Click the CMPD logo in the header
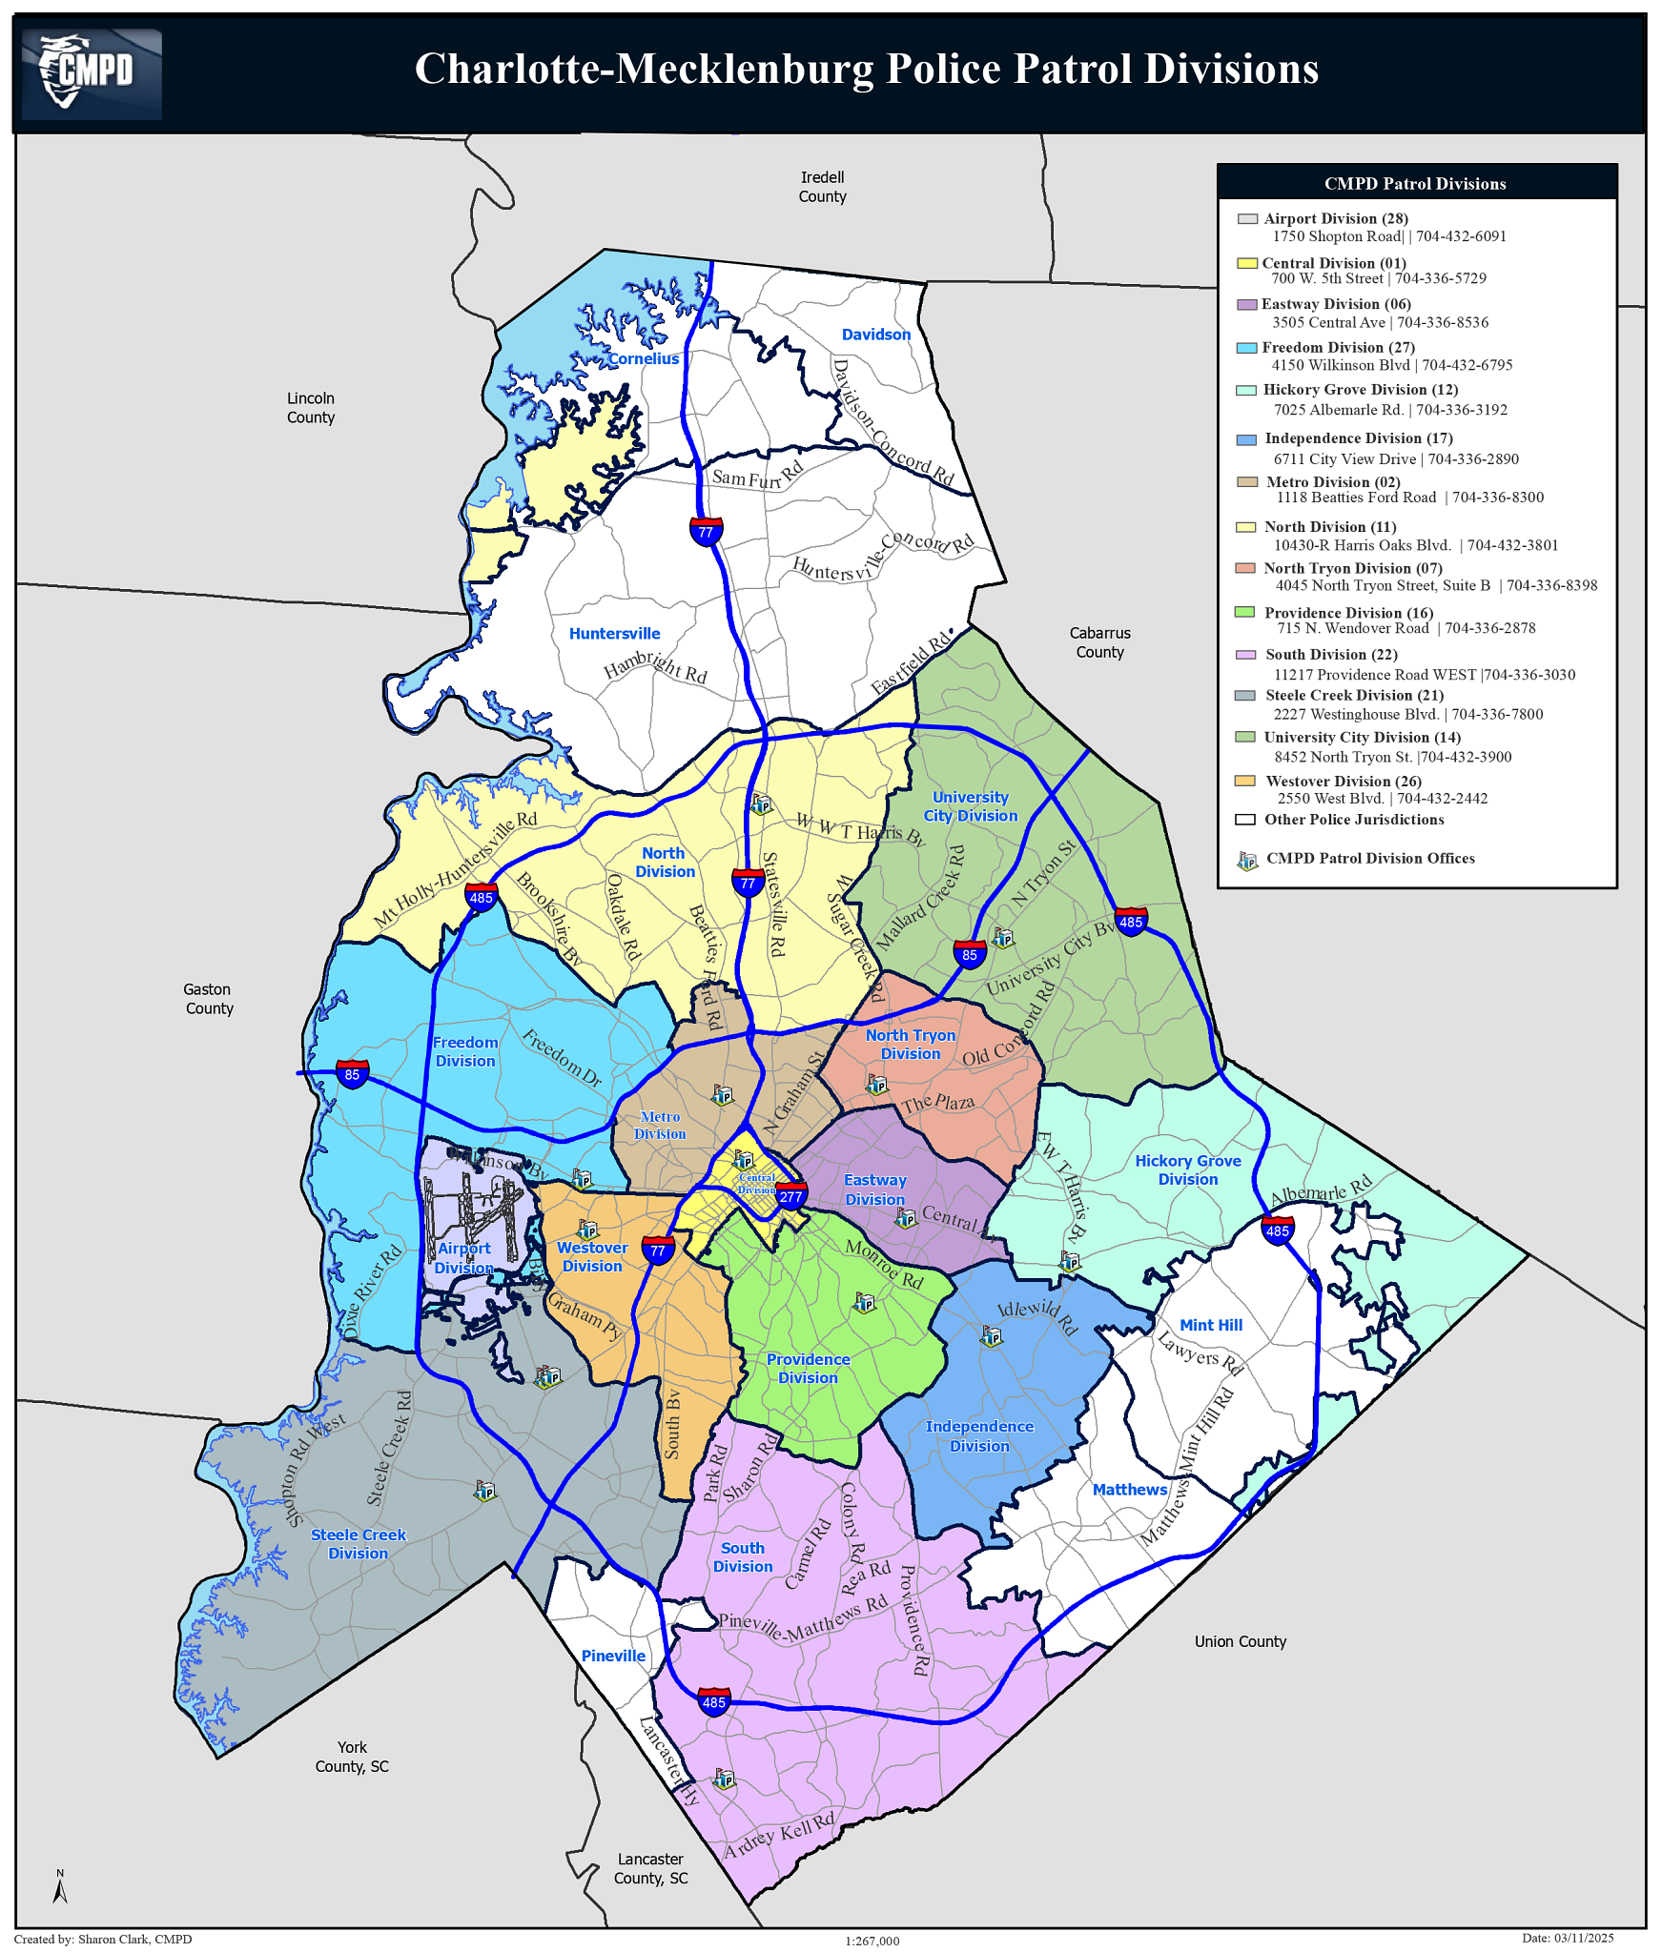coord(91,73)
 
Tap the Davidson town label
coord(875,335)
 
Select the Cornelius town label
coord(644,359)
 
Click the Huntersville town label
coord(614,634)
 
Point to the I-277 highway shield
coord(790,1196)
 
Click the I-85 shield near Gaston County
coord(352,1074)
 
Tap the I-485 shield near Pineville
coord(713,1701)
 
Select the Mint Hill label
coord(1210,1325)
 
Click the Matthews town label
coord(1129,1490)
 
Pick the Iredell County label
coord(822,187)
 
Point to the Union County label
coord(1240,1641)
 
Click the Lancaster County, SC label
coord(650,1868)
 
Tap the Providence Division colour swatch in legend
coord(1244,612)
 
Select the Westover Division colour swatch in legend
coord(1244,781)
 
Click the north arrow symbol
coord(60,1887)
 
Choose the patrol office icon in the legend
coord(1247,861)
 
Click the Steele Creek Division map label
coord(358,1544)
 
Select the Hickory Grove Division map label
coord(1187,1169)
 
